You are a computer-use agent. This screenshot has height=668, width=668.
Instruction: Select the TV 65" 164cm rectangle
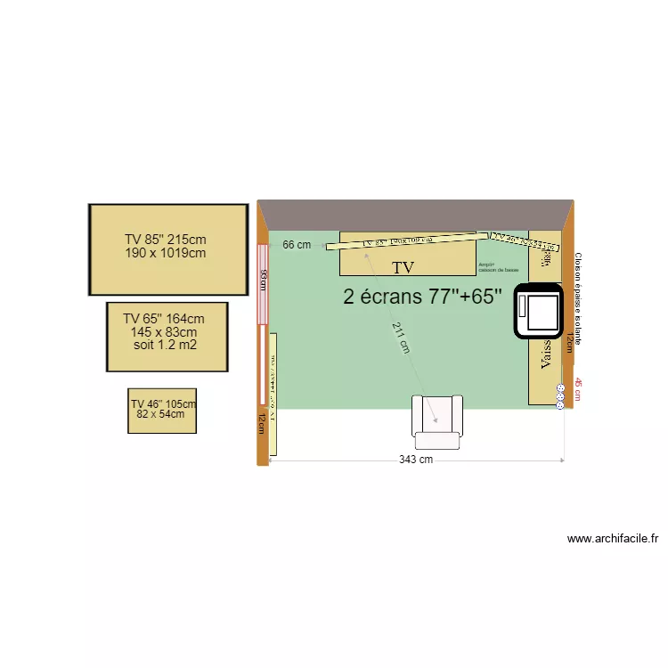[x=167, y=337]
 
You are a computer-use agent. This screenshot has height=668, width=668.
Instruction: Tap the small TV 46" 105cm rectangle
[x=162, y=411]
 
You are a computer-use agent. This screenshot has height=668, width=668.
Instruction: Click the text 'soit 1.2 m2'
[x=165, y=345]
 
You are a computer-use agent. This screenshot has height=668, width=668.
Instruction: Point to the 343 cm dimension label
[x=416, y=460]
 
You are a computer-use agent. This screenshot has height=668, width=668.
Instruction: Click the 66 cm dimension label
[x=297, y=245]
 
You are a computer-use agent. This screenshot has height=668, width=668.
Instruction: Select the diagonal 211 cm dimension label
[x=402, y=338]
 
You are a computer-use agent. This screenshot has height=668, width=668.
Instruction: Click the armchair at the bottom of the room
[x=437, y=421]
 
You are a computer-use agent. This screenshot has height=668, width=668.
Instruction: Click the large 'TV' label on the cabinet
[x=404, y=266]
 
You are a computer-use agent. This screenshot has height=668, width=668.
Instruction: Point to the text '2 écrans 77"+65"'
[x=423, y=297]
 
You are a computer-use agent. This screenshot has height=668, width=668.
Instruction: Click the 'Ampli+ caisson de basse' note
[x=498, y=267]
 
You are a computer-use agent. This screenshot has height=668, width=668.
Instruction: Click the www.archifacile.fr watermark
[x=612, y=539]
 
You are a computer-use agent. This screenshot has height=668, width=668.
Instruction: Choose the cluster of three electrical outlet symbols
[x=560, y=396]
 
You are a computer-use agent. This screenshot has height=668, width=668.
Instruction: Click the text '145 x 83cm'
[x=163, y=332]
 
